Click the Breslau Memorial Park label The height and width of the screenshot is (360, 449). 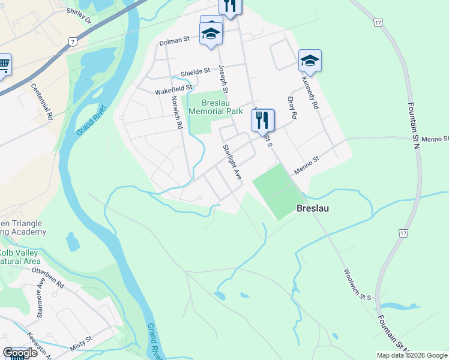pos(215,106)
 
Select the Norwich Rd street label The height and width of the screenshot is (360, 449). pos(176,113)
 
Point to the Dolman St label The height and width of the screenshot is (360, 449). pos(174,41)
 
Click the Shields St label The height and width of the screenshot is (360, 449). pos(195,71)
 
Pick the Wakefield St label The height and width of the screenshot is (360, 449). pos(173,90)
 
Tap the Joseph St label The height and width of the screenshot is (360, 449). pos(223,79)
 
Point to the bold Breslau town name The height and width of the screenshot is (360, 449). pos(313,209)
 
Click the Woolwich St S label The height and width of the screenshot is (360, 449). pos(358,284)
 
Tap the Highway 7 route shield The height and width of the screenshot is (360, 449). pos(73,41)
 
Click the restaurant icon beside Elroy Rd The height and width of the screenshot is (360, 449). pos(262,121)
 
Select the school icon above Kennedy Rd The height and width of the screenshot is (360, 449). pos(310,61)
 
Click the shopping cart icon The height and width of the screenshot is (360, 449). pos(4,64)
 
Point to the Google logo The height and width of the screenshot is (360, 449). pos(20,353)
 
